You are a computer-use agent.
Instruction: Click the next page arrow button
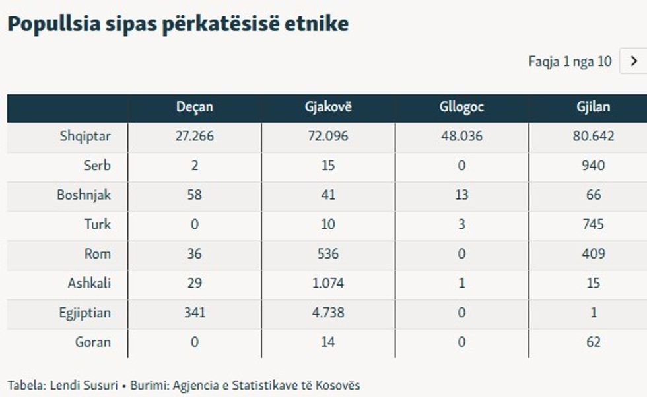[x=634, y=61]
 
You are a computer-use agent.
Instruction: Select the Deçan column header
[x=194, y=107]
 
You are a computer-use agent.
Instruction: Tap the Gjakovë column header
[x=328, y=107]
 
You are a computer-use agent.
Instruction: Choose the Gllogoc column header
[x=461, y=107]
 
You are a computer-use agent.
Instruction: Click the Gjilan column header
[x=593, y=107]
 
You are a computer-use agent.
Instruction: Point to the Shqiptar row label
[x=85, y=137]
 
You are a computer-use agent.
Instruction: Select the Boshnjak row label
[x=83, y=195]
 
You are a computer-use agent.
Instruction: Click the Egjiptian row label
[x=85, y=313]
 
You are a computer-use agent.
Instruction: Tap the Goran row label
[x=93, y=342]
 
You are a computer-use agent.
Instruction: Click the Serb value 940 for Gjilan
[x=593, y=166]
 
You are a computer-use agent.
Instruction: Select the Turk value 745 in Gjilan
[x=593, y=224]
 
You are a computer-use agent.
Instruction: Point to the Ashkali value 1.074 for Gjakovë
[x=328, y=284]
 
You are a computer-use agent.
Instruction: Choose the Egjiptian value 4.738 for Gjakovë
[x=328, y=313]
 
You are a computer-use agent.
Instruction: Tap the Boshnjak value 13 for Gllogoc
[x=461, y=195]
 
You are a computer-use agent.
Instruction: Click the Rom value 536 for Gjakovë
[x=328, y=254]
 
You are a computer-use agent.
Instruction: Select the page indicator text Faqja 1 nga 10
[x=570, y=62]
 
